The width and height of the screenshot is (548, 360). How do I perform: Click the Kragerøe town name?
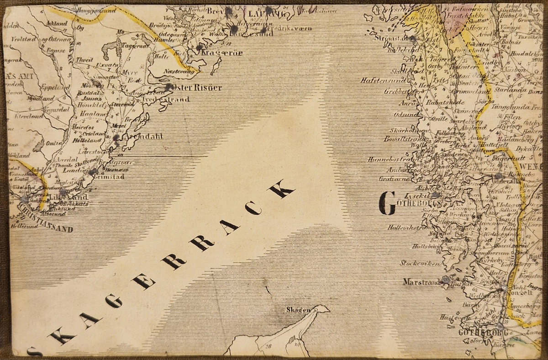[x=223, y=53]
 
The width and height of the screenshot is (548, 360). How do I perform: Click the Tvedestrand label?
[x=165, y=99]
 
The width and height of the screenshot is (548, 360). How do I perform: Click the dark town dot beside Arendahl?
[x=116, y=137]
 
